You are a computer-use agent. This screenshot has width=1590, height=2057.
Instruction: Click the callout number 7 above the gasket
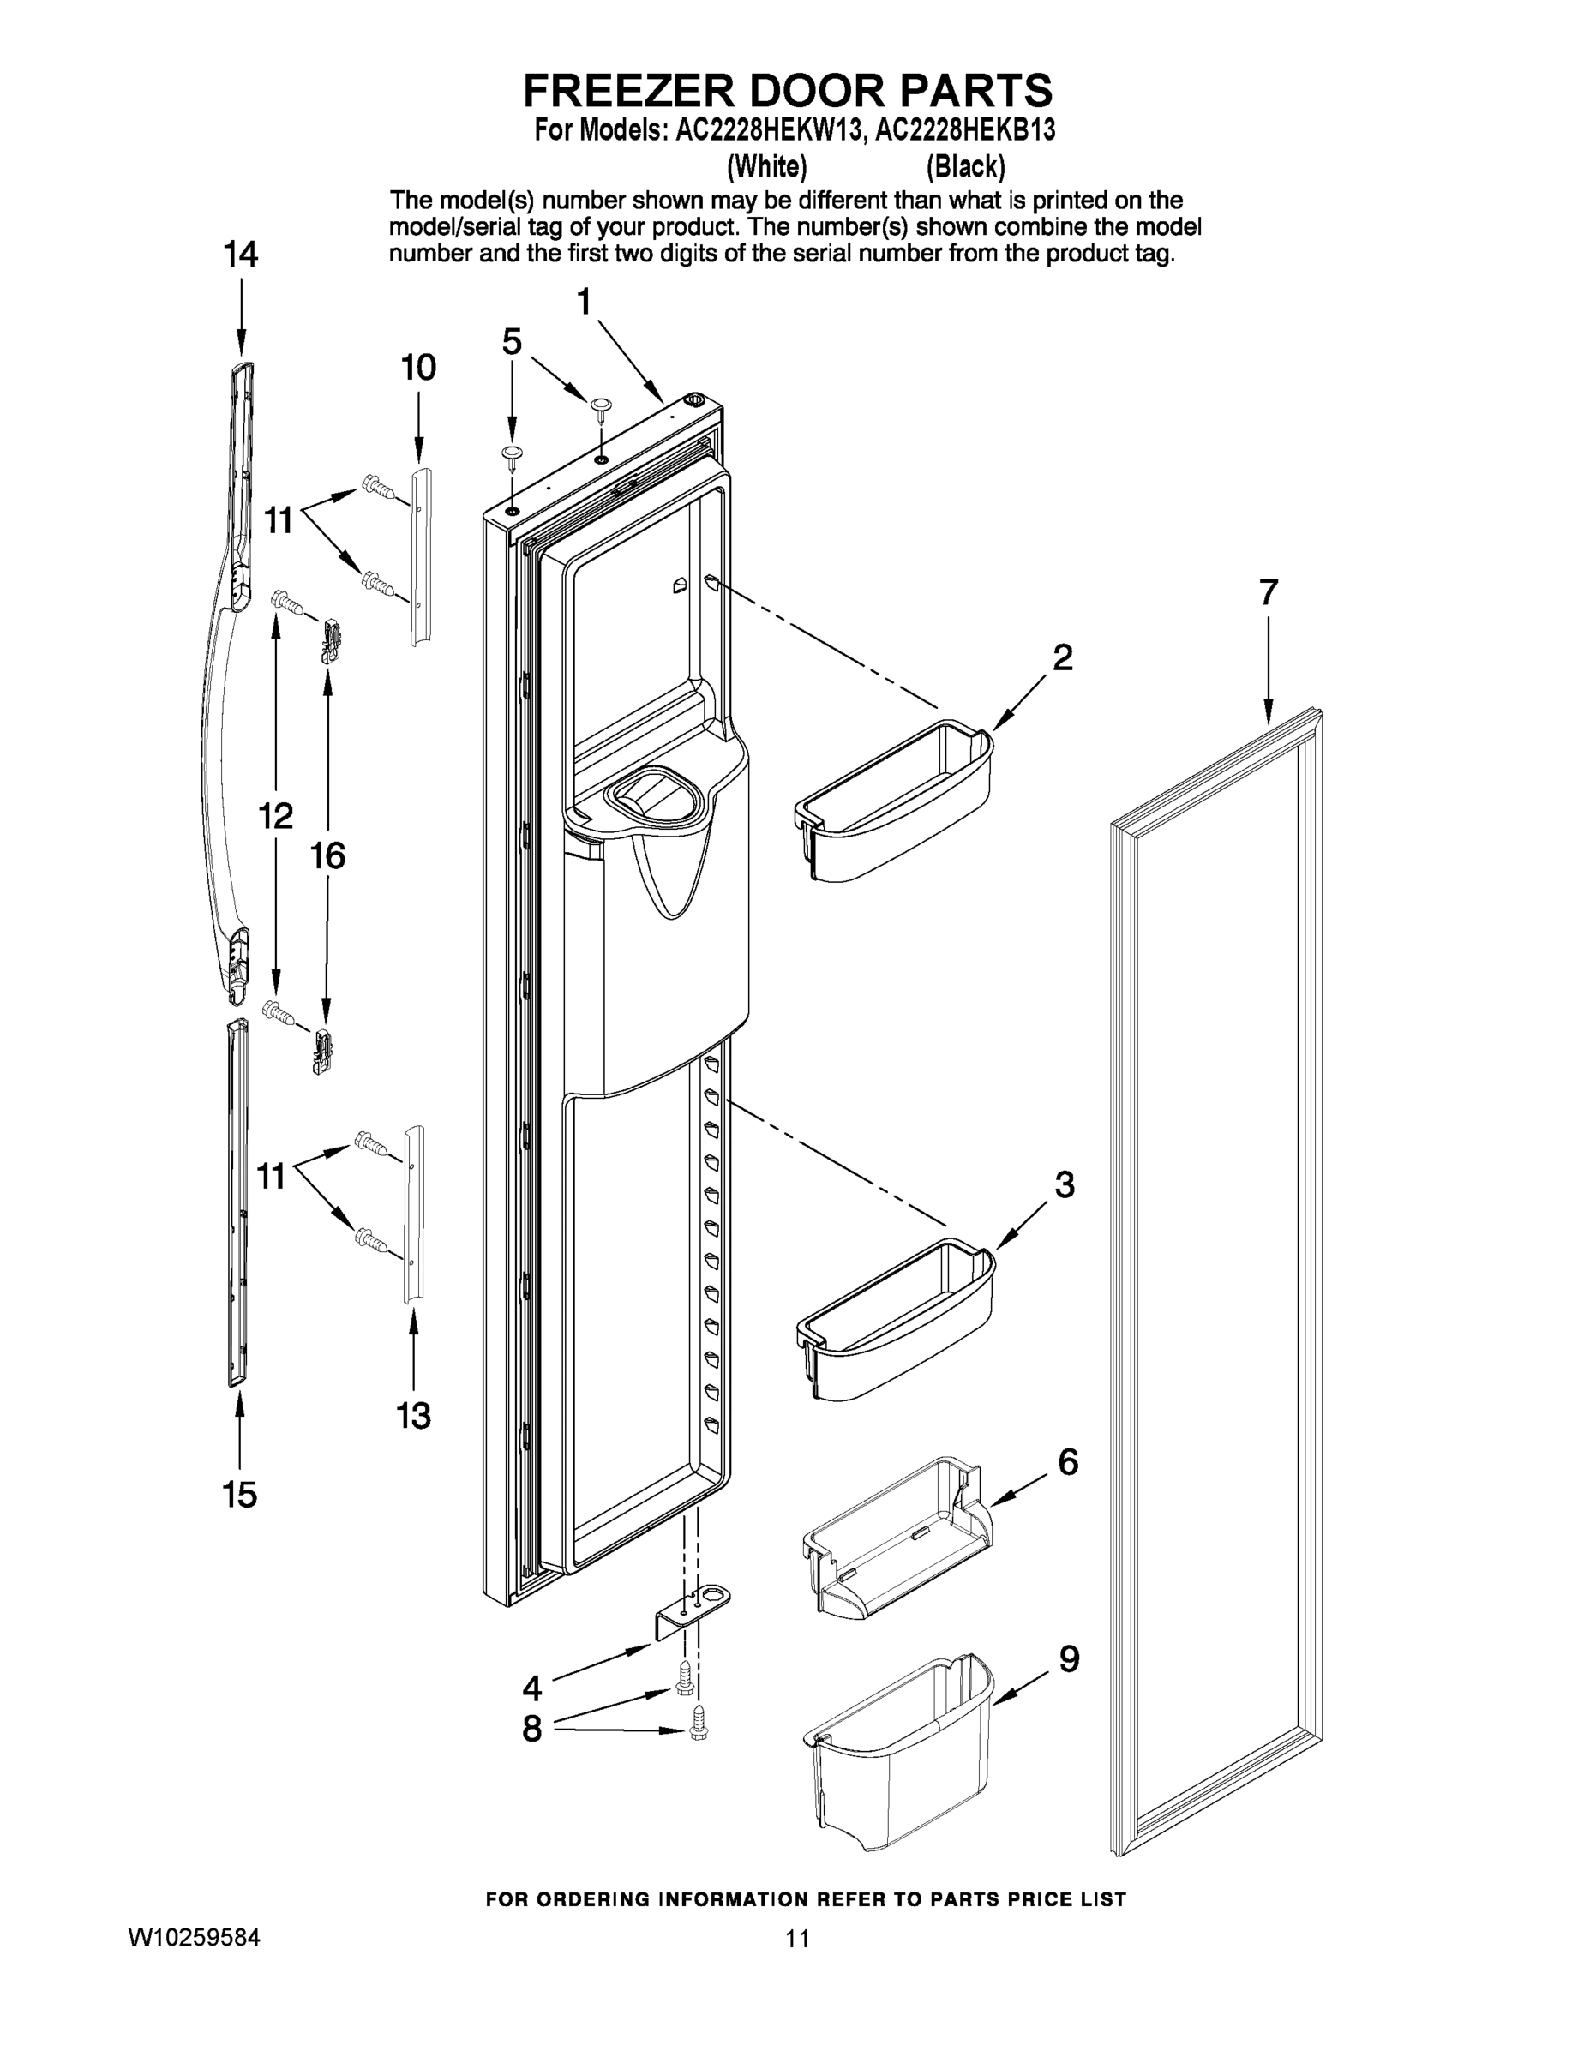pos(1268,593)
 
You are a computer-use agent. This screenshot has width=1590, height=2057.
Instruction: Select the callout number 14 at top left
pos(240,255)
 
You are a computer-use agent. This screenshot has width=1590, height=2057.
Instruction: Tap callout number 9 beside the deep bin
pos(1068,1658)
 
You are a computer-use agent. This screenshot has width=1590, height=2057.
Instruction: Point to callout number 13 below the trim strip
pos(413,1415)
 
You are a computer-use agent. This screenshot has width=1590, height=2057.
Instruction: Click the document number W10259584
pos(194,1937)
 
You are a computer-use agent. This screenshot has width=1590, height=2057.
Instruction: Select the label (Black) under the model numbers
pos(965,167)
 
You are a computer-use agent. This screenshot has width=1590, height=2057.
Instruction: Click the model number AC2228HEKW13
pos(770,130)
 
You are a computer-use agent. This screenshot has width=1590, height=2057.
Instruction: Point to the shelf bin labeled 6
pos(890,1535)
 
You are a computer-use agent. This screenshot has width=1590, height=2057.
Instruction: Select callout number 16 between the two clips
pos(327,856)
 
